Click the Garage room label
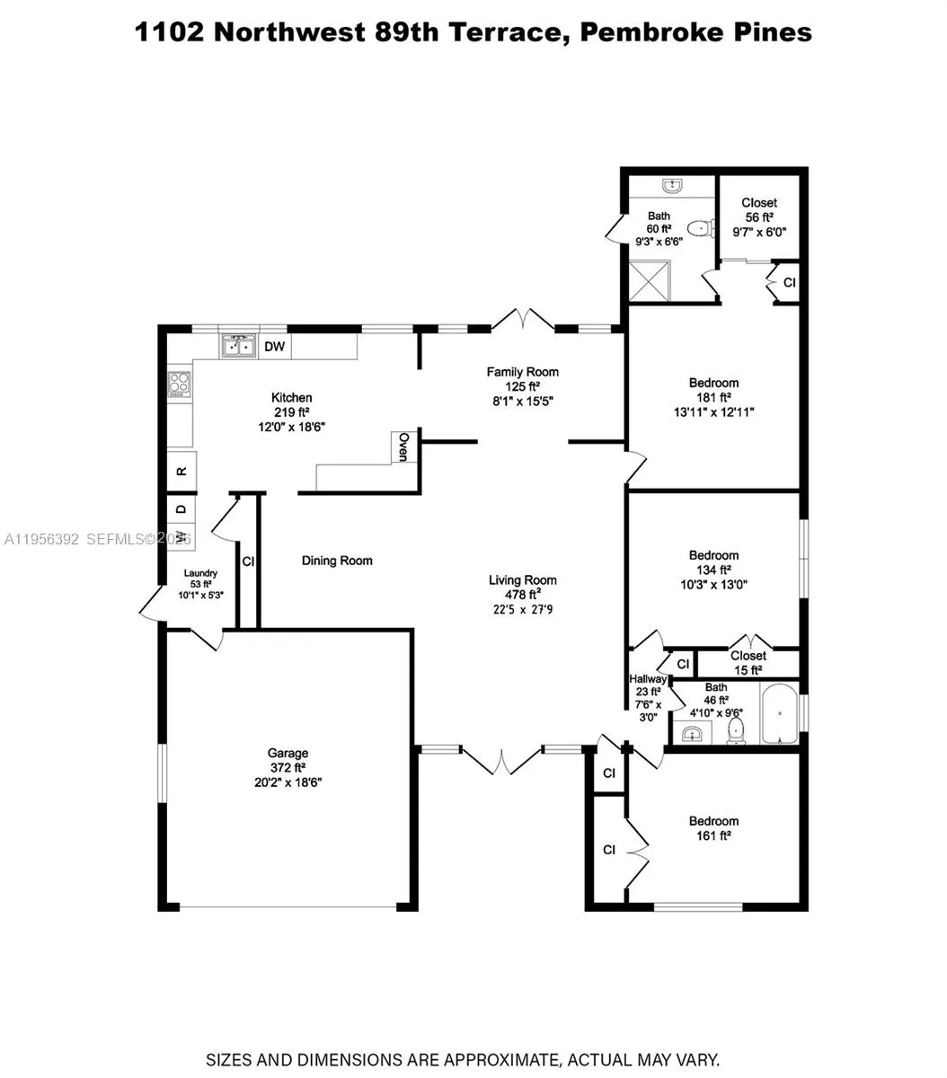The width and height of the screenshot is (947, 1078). (x=288, y=753)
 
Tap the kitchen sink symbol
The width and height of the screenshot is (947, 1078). (x=239, y=346)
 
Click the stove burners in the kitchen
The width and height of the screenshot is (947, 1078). (x=180, y=384)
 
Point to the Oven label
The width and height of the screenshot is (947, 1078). (x=404, y=446)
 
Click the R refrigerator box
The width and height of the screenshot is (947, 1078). (x=181, y=471)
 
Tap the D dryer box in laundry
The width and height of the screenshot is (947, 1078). (x=181, y=509)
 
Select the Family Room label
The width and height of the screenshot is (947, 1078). (x=522, y=372)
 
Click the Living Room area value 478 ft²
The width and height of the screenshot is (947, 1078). (x=522, y=595)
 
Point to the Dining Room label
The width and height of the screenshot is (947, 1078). (x=337, y=561)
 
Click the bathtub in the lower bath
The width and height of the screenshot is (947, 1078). (x=779, y=715)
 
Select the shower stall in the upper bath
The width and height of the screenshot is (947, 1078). (x=649, y=281)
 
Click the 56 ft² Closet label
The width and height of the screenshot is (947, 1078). (x=759, y=203)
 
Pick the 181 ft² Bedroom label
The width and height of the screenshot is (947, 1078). (x=713, y=384)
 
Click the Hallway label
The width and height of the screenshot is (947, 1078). (x=646, y=679)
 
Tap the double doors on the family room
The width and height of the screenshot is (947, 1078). (x=523, y=320)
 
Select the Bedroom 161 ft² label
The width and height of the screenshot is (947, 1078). (x=713, y=821)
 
